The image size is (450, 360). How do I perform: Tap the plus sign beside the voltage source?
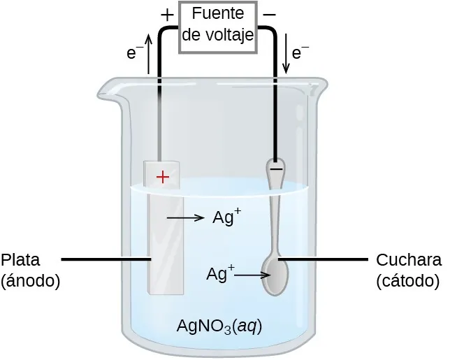[167, 14]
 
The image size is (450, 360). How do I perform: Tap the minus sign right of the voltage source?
[270, 13]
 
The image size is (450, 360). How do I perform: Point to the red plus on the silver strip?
[163, 178]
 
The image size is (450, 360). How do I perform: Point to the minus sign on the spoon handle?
[276, 168]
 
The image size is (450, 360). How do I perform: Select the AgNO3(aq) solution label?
[219, 326]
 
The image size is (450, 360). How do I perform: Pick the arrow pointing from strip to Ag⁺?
[185, 219]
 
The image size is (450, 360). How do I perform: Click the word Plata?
[20, 260]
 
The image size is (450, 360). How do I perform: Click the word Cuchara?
[409, 260]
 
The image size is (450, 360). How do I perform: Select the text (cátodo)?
[407, 281]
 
